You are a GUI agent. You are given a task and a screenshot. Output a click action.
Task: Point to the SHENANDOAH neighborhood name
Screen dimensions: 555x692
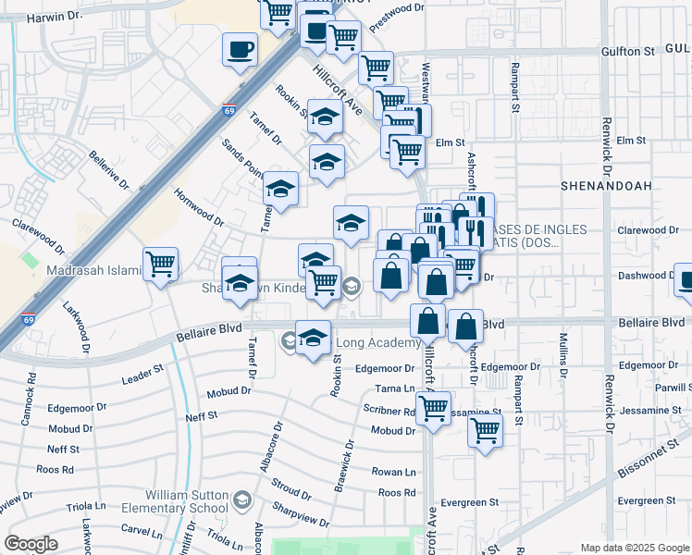pyautogui.click(x=606, y=186)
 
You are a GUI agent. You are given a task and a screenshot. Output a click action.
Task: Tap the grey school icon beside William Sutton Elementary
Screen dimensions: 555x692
pyautogui.click(x=242, y=500)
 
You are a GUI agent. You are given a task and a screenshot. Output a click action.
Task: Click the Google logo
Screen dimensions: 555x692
pyautogui.click(x=31, y=544)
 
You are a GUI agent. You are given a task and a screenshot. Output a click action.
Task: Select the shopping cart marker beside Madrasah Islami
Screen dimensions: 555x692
pyautogui.click(x=160, y=265)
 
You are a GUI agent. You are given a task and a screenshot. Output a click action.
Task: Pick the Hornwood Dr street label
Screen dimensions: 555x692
pyautogui.click(x=199, y=206)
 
